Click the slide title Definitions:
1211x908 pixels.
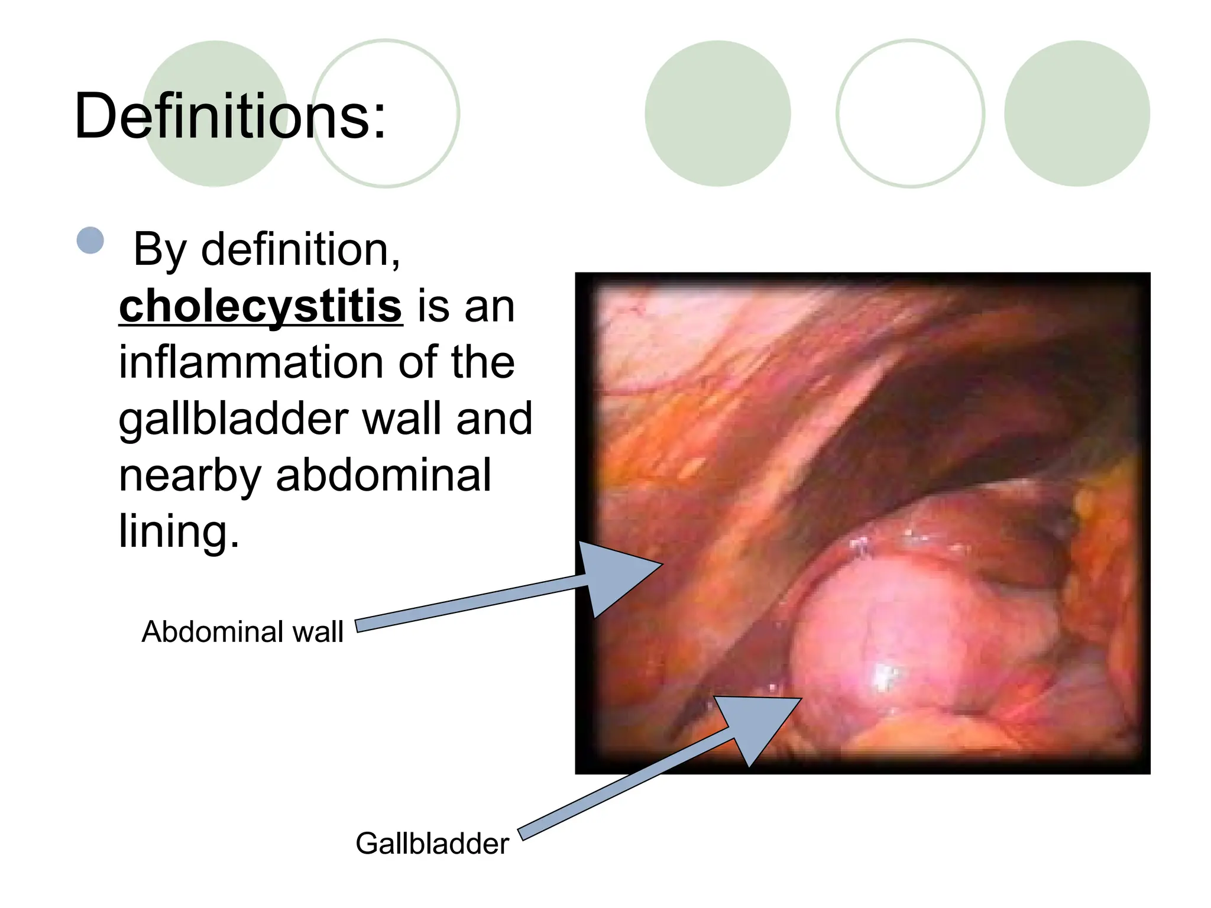230,116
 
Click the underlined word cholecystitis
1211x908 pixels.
261,306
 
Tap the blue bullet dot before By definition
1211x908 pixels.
90,241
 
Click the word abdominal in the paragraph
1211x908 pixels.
383,475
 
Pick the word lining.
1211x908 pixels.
179,531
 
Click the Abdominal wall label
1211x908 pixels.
242,631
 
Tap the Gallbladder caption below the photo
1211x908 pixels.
432,843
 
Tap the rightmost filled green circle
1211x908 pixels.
1077,113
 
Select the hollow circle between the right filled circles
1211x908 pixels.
910,113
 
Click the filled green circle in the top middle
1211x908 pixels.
717,113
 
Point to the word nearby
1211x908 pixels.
189,476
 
